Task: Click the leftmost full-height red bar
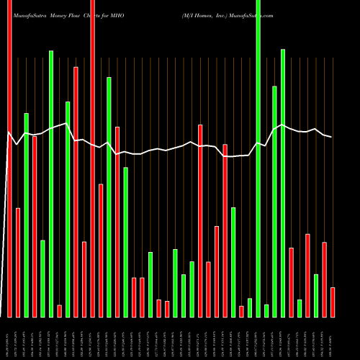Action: (x=9, y=158)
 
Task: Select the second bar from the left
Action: (x=18, y=263)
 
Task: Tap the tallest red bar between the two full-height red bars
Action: (x=76, y=192)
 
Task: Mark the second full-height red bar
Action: (x=93, y=158)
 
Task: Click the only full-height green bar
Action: (x=258, y=158)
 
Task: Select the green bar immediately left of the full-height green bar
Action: (x=250, y=307)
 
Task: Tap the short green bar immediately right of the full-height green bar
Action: (x=266, y=310)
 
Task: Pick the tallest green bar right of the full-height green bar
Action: (x=283, y=183)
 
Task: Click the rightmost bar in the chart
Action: (x=333, y=302)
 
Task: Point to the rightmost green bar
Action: (x=316, y=295)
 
